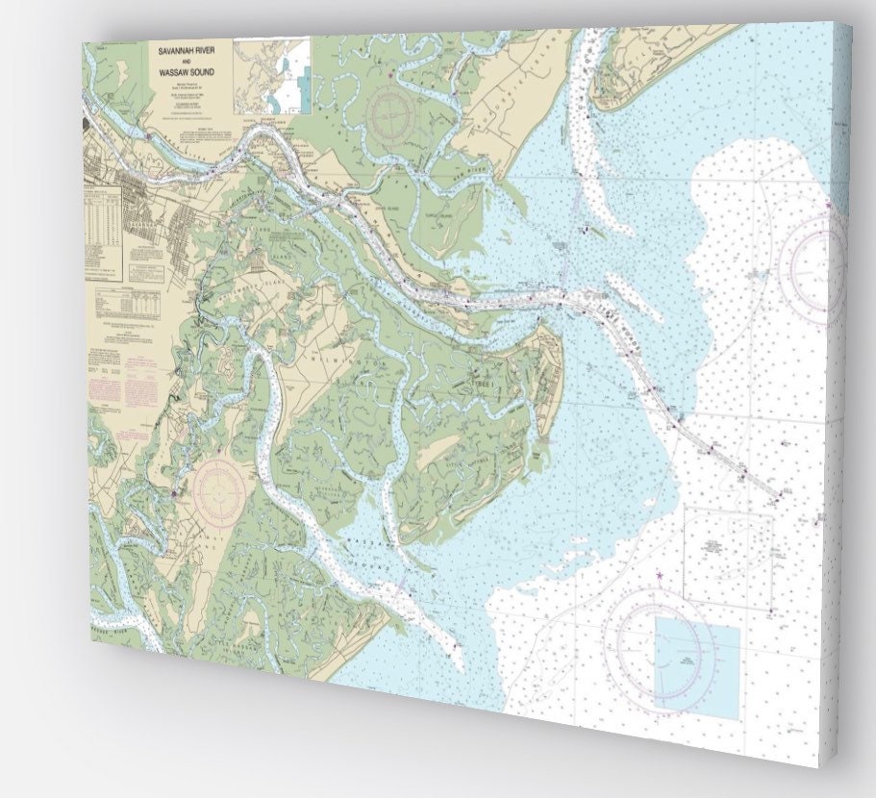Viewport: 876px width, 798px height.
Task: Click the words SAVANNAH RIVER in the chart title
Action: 188,49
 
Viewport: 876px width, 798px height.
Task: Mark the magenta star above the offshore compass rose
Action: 659,575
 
